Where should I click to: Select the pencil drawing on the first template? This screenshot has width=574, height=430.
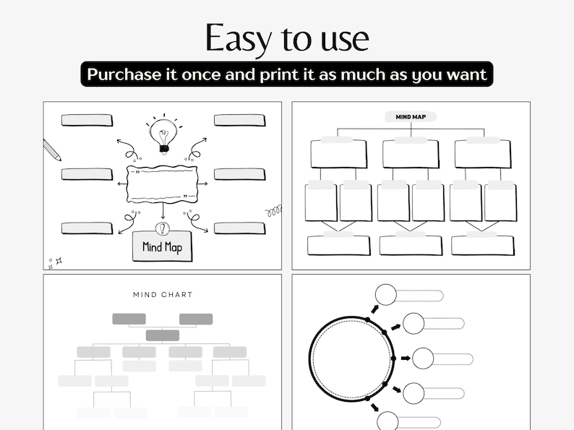pyautogui.click(x=51, y=150)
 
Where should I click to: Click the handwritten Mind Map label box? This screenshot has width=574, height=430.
pyautogui.click(x=162, y=247)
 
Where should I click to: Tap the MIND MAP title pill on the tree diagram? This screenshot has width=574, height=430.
pyautogui.click(x=411, y=116)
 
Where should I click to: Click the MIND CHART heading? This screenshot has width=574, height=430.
pyautogui.click(x=163, y=294)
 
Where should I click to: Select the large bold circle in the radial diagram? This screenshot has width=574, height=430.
pyautogui.click(x=351, y=358)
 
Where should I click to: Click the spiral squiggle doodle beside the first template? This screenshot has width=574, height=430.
pyautogui.click(x=273, y=211)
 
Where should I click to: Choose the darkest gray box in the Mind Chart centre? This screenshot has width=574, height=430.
pyautogui.click(x=163, y=335)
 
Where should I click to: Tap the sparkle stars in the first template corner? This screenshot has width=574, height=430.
pyautogui.click(x=55, y=262)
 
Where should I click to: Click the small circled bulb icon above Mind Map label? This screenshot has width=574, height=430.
pyautogui.click(x=163, y=228)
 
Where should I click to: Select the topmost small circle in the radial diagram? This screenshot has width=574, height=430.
pyautogui.click(x=385, y=295)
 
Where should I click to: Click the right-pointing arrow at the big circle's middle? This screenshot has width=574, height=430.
pyautogui.click(x=406, y=358)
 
